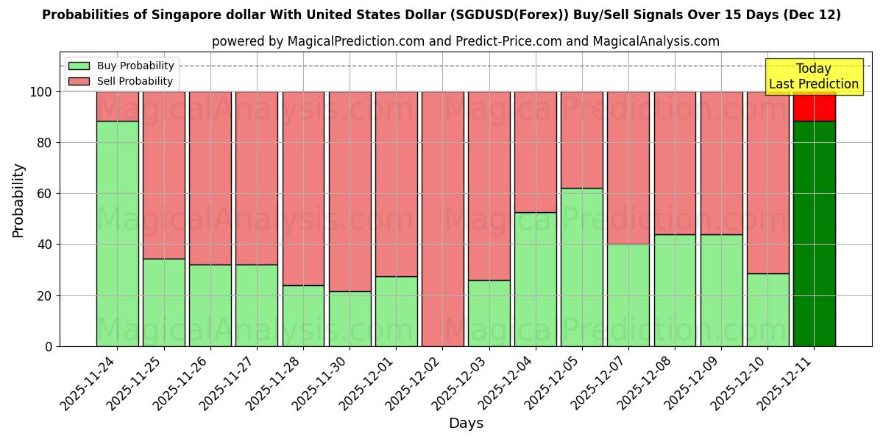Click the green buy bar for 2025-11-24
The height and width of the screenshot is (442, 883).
118,234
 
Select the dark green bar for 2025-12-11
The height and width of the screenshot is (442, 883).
815,234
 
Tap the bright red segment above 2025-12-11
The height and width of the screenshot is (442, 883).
815,108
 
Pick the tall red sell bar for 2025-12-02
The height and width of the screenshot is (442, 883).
443,219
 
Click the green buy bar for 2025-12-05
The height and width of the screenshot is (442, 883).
582,267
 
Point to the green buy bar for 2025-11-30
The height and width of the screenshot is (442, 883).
350,318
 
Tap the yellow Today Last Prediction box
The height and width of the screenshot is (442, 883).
814,77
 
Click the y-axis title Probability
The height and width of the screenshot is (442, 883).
18,200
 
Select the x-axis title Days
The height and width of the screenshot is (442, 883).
466,424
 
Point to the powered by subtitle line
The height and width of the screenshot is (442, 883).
466,41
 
